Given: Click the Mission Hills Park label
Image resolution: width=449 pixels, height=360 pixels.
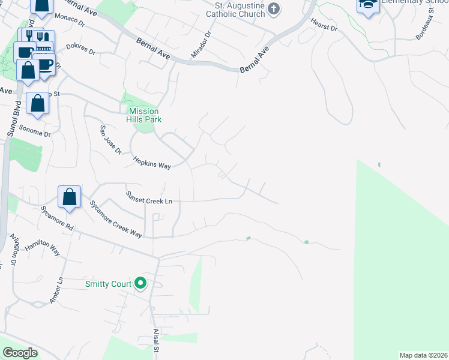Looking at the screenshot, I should [144, 115].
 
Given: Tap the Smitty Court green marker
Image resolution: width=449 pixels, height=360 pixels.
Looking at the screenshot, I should [141, 283].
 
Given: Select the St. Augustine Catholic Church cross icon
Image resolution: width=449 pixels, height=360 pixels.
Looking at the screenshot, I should [274, 8].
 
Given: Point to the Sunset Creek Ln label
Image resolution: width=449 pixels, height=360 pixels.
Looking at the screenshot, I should [149, 197].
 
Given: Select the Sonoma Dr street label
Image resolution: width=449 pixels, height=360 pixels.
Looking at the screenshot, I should [35, 131].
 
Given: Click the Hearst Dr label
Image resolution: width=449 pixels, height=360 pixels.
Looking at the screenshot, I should [324, 25].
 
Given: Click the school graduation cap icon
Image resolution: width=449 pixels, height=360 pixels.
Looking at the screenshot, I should [368, 5].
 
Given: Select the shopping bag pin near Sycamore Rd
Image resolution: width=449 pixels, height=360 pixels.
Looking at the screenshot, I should [70, 196].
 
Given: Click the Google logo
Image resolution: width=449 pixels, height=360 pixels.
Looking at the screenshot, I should [20, 353].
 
